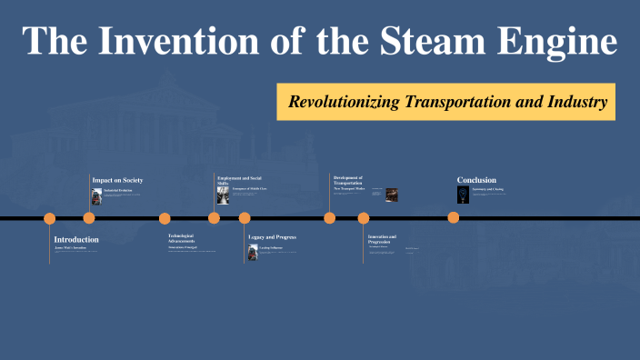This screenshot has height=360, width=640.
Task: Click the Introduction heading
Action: pyautogui.click(x=76, y=239)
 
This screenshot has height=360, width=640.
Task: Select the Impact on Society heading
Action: pyautogui.click(x=117, y=180)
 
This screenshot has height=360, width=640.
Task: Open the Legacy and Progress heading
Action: pyautogui.click(x=273, y=236)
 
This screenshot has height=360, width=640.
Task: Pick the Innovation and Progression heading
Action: pyautogui.click(x=382, y=239)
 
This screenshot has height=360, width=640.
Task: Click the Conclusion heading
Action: pyautogui.click(x=476, y=180)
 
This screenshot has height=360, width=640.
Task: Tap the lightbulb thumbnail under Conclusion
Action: pyautogui.click(x=462, y=195)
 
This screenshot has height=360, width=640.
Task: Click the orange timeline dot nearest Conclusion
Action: pyautogui.click(x=453, y=218)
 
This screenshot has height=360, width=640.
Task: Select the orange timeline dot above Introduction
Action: pyautogui.click(x=50, y=218)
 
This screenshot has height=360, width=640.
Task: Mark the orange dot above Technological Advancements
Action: pyautogui.click(x=165, y=218)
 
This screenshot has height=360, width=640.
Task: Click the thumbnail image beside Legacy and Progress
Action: pyautogui.click(x=253, y=252)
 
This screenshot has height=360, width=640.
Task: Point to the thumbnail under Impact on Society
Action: pyautogui.click(x=96, y=196)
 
